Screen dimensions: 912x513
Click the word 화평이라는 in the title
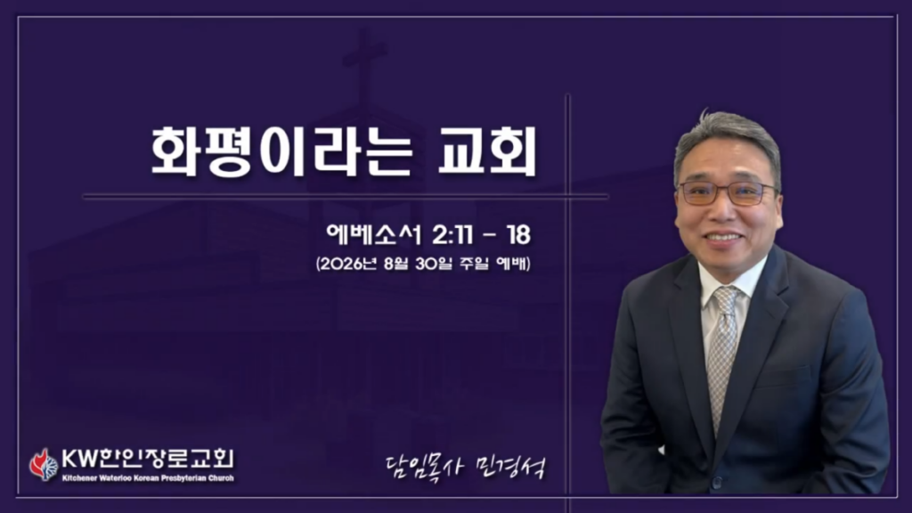pyautogui.click(x=282, y=151)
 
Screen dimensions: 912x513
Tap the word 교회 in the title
pyautogui.click(x=488, y=151)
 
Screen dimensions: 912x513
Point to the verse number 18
pyautogui.click(x=518, y=235)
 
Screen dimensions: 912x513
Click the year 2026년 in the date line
pyautogui.click(x=347, y=264)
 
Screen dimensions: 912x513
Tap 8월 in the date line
pyautogui.click(x=397, y=264)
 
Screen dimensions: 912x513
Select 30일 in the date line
pyautogui.click(x=434, y=264)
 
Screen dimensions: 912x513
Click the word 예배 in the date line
pyautogui.click(x=511, y=264)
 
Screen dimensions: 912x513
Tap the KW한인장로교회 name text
pyautogui.click(x=148, y=459)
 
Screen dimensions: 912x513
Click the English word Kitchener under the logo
pyautogui.click(x=79, y=478)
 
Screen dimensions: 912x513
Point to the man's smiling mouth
pyautogui.click(x=722, y=238)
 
